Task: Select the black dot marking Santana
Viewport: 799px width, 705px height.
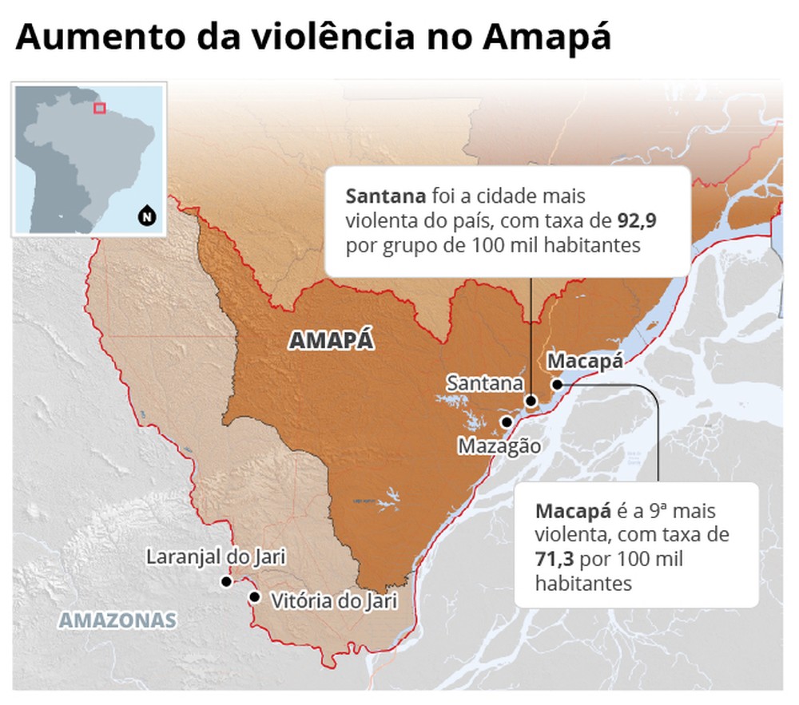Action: [x=531, y=402]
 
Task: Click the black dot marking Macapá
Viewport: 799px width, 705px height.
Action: [x=556, y=384]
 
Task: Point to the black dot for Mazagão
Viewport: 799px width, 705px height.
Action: [x=506, y=422]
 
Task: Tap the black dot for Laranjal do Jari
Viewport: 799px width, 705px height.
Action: [x=226, y=582]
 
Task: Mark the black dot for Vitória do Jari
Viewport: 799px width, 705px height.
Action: [x=254, y=596]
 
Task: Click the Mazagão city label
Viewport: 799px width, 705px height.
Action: [x=499, y=446]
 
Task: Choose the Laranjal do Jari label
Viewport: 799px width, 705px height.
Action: [x=216, y=556]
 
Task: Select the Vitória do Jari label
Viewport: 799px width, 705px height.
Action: [x=334, y=600]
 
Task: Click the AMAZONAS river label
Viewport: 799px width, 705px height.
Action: [x=117, y=620]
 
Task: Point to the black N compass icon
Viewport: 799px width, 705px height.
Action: [x=146, y=213]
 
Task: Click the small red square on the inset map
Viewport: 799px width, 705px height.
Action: [x=100, y=108]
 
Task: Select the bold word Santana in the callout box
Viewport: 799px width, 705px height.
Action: [x=385, y=196]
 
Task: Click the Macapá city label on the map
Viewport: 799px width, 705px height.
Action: [x=584, y=362]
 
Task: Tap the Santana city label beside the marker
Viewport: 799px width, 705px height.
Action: [x=485, y=382]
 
